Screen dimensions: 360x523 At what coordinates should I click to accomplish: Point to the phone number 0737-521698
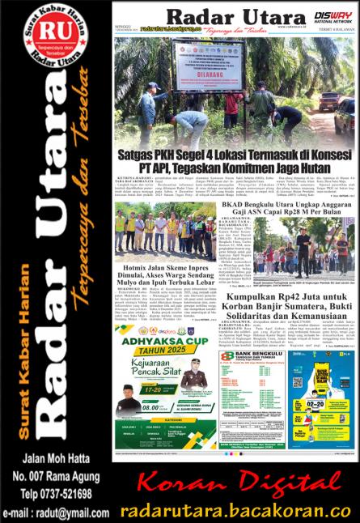point(55,492)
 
